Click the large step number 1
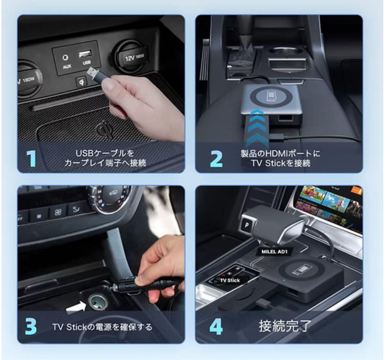pos(32,159)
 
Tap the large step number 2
pos(216,159)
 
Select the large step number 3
pos(31,326)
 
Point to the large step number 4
pos(216,326)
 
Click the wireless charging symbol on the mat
pos(105,129)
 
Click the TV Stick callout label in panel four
pos(230,280)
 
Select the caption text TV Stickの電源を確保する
pos(102,326)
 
